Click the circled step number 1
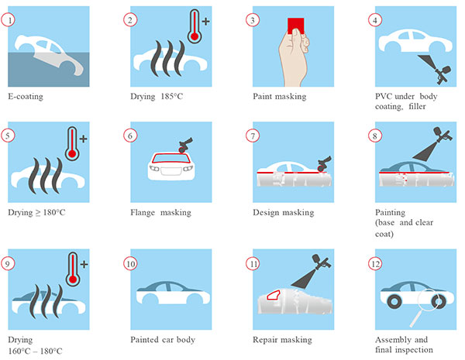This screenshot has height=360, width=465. pos(8,20)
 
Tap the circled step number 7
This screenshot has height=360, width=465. pos(253,135)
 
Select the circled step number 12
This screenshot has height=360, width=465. pos(375,263)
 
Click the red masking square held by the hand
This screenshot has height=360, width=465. pos(296,26)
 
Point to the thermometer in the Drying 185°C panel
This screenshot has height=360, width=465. pos(195,26)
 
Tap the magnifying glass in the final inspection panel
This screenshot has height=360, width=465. pos(425,305)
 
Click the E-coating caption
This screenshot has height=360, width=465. pos(26,97)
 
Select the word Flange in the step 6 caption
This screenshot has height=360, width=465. pos(143,212)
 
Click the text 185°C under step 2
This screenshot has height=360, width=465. pos(172,96)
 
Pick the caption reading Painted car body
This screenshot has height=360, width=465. pos(163,340)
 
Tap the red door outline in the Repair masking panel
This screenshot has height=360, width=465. pos(274,295)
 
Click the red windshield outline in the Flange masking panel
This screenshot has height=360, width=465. pos(170,158)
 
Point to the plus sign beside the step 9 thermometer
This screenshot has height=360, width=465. pos(84,264)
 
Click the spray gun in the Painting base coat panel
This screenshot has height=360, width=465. pos(443,135)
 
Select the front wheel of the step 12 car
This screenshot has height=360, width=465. pos(394,302)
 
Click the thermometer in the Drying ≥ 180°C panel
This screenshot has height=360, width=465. pos(72,143)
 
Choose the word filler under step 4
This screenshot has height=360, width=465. pos(417,106)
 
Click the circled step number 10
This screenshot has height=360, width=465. pos(130,264)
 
